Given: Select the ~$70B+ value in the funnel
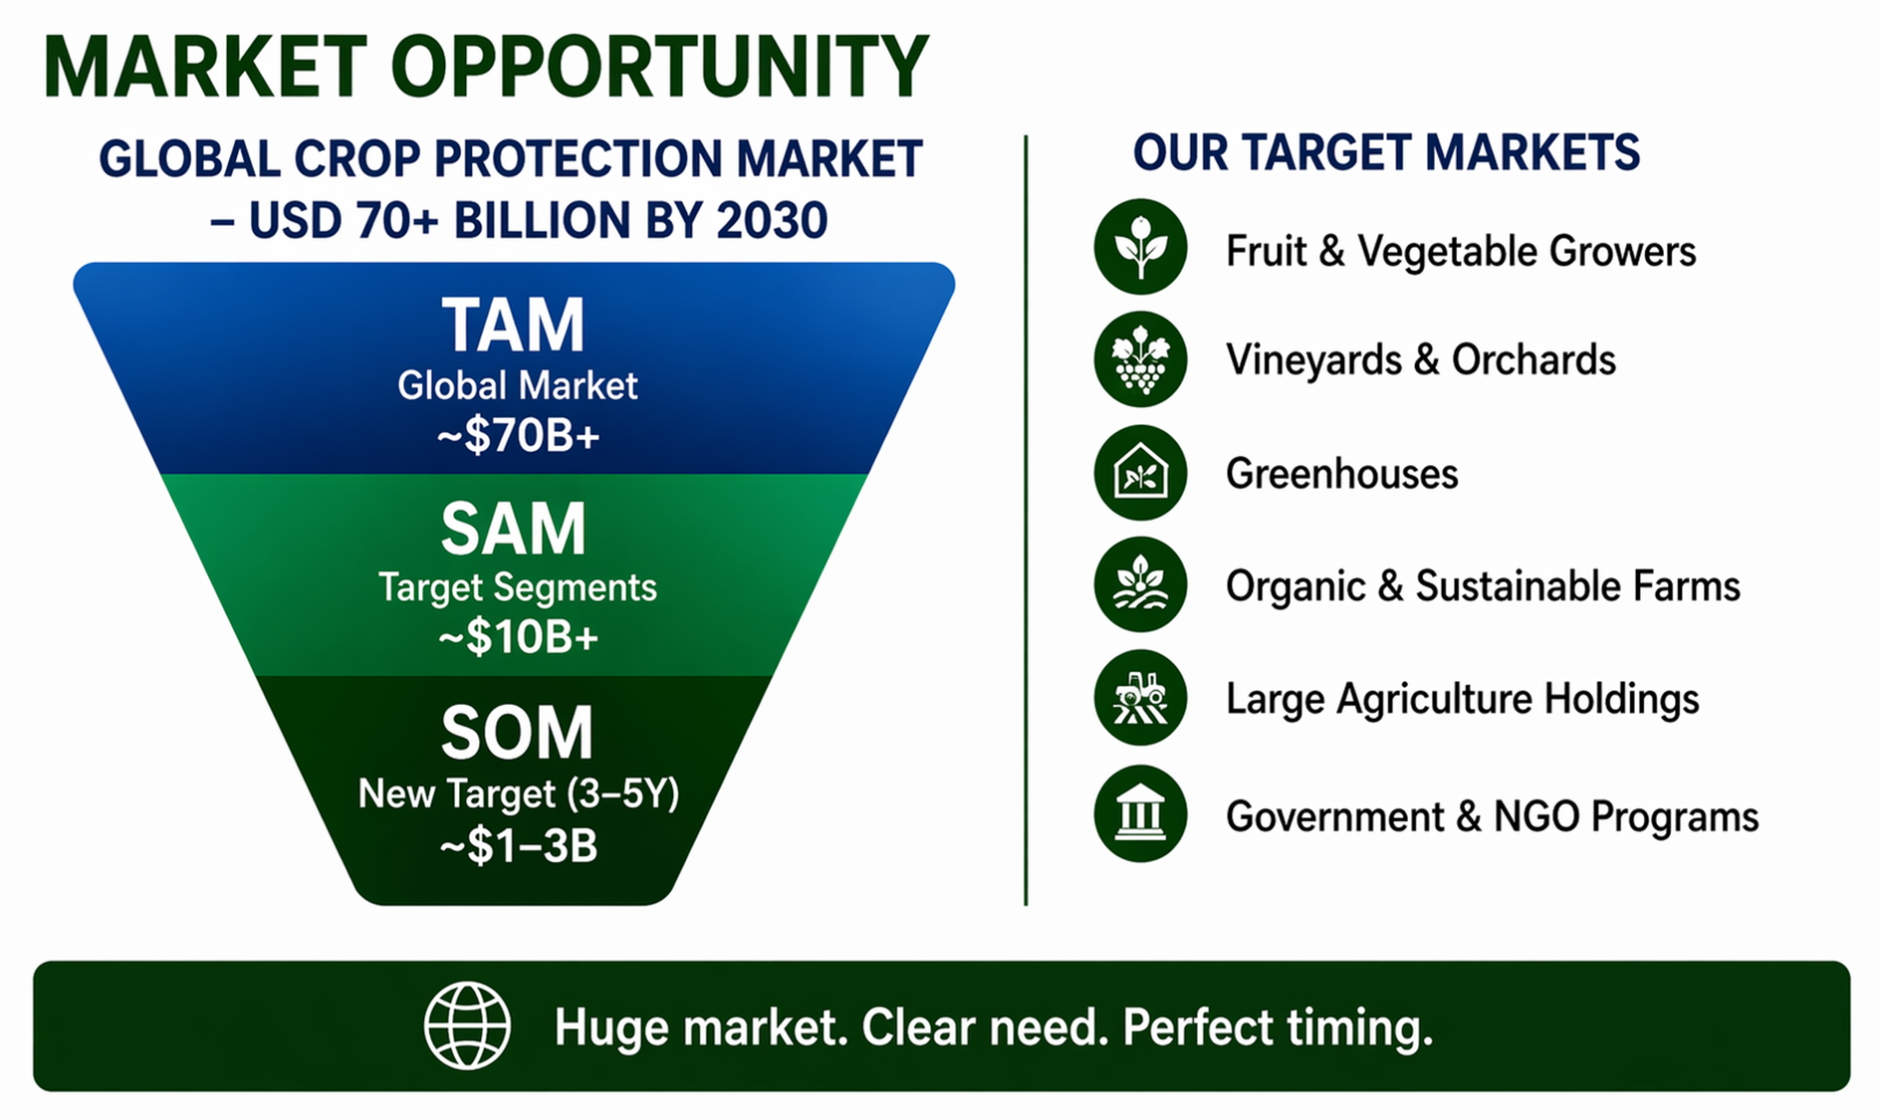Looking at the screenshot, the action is [518, 435].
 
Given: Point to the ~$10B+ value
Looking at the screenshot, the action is [518, 637].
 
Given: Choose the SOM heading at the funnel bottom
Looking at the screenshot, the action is [517, 733].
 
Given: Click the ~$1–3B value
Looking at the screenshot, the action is [518, 845].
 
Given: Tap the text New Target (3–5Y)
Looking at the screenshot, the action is [518, 793].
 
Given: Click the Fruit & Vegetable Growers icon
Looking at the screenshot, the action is [1140, 246].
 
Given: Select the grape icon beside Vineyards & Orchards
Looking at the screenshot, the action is [1140, 358].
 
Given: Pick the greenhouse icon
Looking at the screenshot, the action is [1140, 472].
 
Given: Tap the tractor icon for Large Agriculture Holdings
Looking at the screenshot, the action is [1140, 697].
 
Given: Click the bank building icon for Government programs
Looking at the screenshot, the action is [1140, 813].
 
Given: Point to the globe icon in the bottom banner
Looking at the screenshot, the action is [467, 1025].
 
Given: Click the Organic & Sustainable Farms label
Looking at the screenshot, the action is [1483, 586].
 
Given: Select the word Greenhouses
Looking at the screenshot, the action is [1341, 474].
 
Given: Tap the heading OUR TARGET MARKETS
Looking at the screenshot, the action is [1386, 152].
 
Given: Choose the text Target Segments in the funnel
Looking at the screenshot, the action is [517, 587].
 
